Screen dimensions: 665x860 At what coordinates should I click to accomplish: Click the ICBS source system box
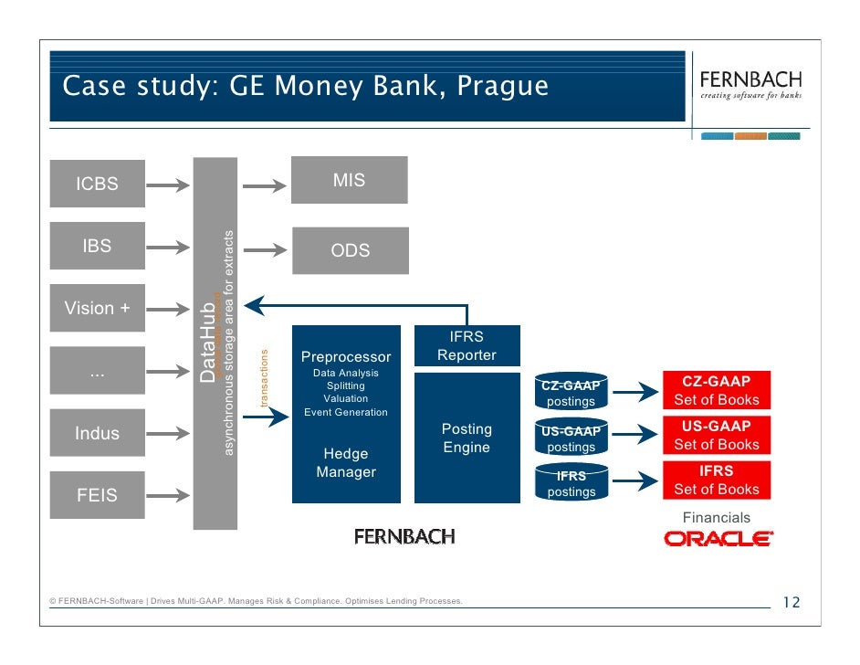(97, 184)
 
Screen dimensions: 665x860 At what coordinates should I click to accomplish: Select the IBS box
(97, 246)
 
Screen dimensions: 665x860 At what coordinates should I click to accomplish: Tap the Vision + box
(97, 308)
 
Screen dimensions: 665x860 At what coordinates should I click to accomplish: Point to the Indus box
(97, 433)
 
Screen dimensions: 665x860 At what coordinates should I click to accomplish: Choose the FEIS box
(97, 495)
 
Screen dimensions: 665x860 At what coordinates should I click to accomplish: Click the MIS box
(349, 180)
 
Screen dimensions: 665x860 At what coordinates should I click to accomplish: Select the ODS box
(350, 250)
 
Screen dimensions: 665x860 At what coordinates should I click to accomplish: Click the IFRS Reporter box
(467, 346)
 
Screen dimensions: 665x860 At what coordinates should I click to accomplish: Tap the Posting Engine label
(467, 438)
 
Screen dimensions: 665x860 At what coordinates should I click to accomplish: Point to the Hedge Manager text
(346, 463)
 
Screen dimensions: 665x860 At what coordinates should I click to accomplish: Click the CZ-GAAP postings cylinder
(572, 393)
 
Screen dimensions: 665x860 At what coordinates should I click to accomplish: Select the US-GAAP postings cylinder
(572, 438)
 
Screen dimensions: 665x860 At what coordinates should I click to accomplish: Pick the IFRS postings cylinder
(572, 483)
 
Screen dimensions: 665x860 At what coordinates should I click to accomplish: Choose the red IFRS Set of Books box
(717, 480)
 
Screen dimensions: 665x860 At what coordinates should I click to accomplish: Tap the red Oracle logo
(718, 539)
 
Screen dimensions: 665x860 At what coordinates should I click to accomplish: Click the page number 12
(791, 602)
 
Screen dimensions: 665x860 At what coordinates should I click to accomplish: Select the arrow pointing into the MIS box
(264, 185)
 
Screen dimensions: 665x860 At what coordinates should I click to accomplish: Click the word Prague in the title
(503, 87)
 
